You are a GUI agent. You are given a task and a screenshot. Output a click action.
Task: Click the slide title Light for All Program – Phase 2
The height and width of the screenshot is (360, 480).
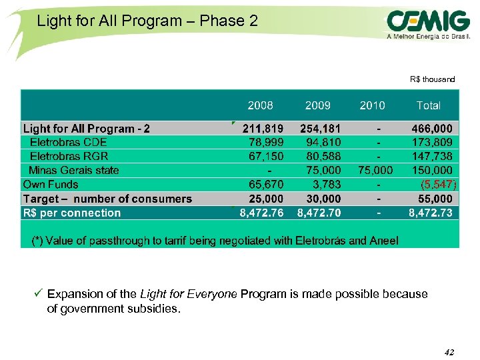pyautogui.click(x=147, y=21)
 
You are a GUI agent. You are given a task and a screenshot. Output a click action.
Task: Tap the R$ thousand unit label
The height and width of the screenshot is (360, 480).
pyautogui.click(x=432, y=79)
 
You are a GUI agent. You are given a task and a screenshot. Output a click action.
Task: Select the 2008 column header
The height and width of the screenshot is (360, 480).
pyautogui.click(x=260, y=105)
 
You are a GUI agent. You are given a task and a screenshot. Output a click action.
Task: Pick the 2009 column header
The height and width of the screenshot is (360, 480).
pyautogui.click(x=317, y=105)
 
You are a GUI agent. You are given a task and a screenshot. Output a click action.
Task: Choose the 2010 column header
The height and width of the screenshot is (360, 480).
pyautogui.click(x=372, y=105)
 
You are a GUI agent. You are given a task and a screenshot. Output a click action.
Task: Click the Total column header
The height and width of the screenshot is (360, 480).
pyautogui.click(x=428, y=105)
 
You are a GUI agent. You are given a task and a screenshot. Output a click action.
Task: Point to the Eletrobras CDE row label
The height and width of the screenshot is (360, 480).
pyautogui.click(x=68, y=142)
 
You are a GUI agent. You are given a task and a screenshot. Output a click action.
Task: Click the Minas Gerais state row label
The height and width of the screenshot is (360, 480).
pyautogui.click(x=73, y=170)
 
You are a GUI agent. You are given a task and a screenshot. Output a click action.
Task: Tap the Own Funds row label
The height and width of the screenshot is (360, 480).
pyautogui.click(x=51, y=185)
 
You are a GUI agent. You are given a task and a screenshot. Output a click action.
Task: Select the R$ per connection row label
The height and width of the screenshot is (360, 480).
pyautogui.click(x=72, y=213)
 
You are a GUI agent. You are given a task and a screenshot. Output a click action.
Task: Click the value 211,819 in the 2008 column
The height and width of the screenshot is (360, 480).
pyautogui.click(x=263, y=128)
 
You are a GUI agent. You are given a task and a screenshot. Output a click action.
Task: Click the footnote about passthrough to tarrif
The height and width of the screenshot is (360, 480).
pyautogui.click(x=215, y=241)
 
